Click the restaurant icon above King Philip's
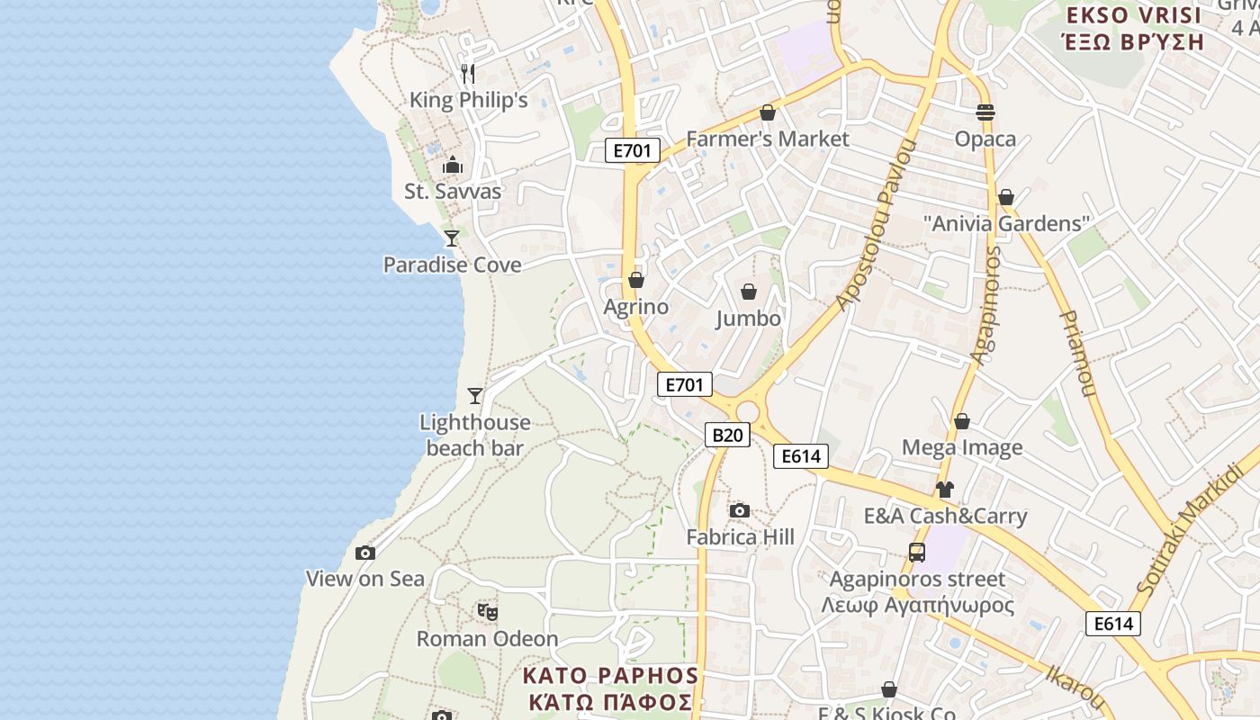coord(467,72)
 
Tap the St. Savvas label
coord(453,192)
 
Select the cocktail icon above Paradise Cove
coord(452,238)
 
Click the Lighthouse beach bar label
coord(475,435)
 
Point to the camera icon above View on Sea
coord(364,553)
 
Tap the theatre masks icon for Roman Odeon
coord(488,613)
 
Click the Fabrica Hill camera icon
coord(740,511)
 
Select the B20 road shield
coord(726,436)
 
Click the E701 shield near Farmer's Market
coord(632,150)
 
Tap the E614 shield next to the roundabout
coord(800,456)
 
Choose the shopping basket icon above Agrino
coord(636,281)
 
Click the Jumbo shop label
coord(749,319)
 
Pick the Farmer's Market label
coord(768,139)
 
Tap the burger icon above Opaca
coord(985,112)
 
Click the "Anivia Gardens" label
coord(1007,223)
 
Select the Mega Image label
coord(962,447)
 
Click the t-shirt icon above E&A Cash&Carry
coord(944,490)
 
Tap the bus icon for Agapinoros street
coord(917,553)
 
